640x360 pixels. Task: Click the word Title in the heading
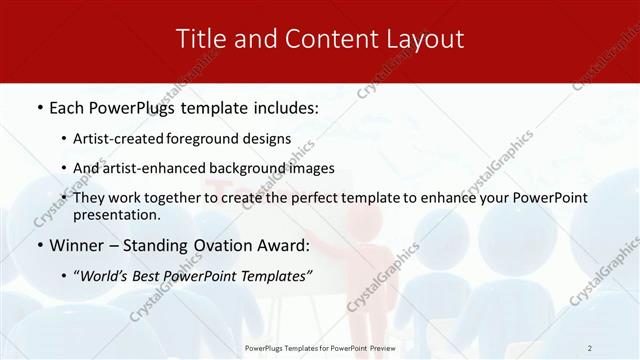(x=201, y=39)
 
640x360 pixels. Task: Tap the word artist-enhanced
(x=162, y=168)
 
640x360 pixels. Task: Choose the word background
(x=253, y=168)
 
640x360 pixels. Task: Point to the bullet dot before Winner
(x=39, y=245)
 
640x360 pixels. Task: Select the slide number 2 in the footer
(x=589, y=348)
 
